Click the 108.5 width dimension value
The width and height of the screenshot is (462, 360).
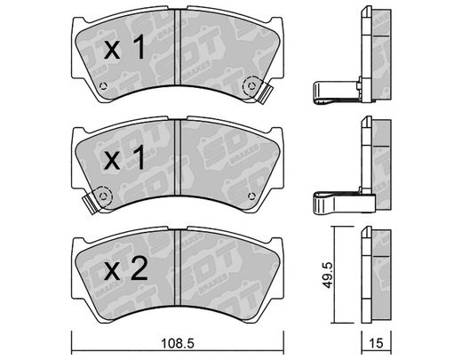(x=178, y=343)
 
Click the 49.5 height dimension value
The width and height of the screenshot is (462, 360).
(x=328, y=275)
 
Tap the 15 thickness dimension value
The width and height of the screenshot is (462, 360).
(x=376, y=343)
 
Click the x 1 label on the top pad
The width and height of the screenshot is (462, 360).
(x=124, y=47)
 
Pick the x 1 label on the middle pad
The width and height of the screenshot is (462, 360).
(x=124, y=158)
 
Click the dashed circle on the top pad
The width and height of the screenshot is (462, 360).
(x=251, y=85)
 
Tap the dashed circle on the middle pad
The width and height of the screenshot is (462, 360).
(x=103, y=196)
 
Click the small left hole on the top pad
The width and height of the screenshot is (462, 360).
(x=103, y=86)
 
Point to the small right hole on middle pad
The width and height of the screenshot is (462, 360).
(x=251, y=196)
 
